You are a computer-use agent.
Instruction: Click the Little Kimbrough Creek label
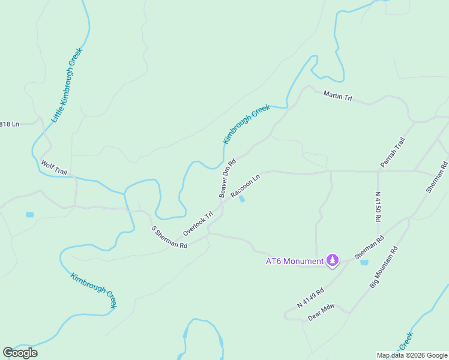click(x=66, y=85)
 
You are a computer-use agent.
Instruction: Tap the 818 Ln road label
click(x=10, y=124)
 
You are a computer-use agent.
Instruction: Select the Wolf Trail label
click(x=53, y=166)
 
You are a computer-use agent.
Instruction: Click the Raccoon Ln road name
click(x=245, y=186)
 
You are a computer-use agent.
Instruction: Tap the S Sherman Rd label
click(x=169, y=238)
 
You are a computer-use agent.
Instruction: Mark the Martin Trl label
click(x=337, y=95)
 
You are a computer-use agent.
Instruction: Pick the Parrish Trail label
click(x=393, y=152)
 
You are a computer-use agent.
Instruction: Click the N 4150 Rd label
click(x=378, y=207)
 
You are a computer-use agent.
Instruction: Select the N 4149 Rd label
click(x=310, y=298)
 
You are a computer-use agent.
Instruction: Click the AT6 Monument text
click(x=294, y=261)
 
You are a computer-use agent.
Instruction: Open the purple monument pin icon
click(x=333, y=260)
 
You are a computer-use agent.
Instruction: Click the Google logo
click(x=20, y=352)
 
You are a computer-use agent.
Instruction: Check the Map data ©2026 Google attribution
click(x=412, y=355)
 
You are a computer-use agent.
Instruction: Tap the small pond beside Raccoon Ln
click(x=241, y=199)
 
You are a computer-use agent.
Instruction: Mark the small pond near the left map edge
click(x=30, y=214)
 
